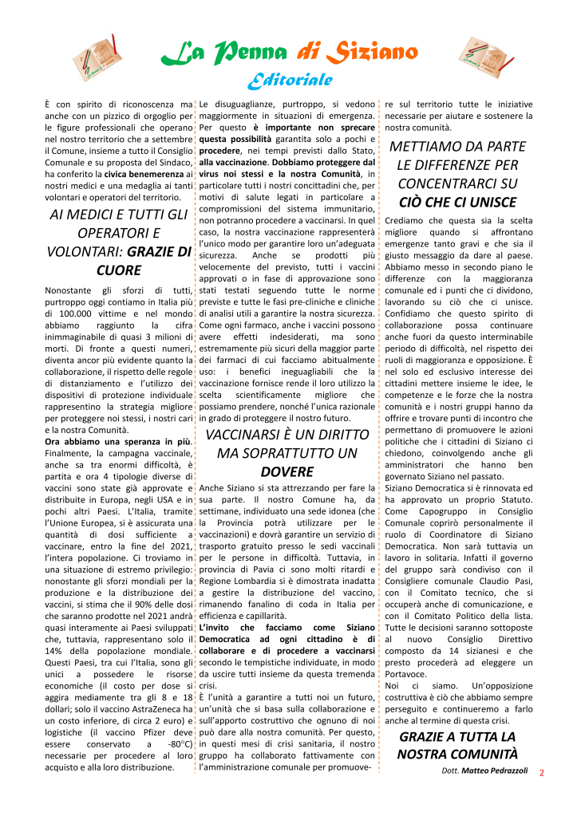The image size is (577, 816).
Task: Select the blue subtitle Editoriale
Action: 288,80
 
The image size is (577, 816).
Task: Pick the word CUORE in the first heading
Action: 118,270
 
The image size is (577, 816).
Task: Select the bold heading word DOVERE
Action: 287,471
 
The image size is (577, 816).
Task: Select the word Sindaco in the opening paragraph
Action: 172,162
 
